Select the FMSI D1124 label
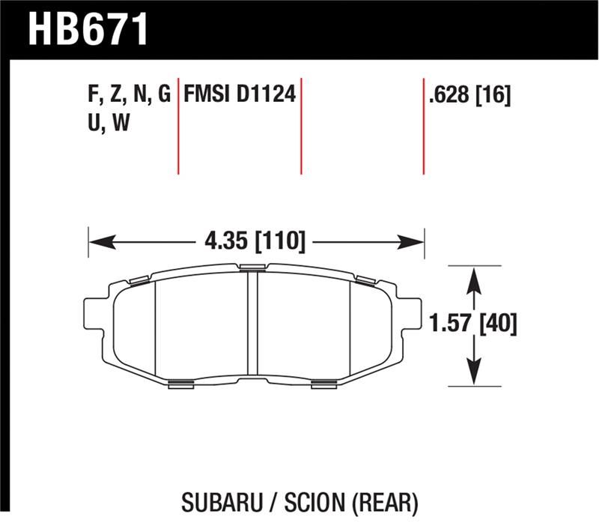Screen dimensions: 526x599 [240, 94]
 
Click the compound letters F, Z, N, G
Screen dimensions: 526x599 [129, 94]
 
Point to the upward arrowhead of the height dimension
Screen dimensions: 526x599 [473, 279]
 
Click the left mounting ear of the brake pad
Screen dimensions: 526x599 [93, 313]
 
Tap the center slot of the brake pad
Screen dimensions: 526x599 [252, 326]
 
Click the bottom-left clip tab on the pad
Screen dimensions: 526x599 [181, 384]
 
